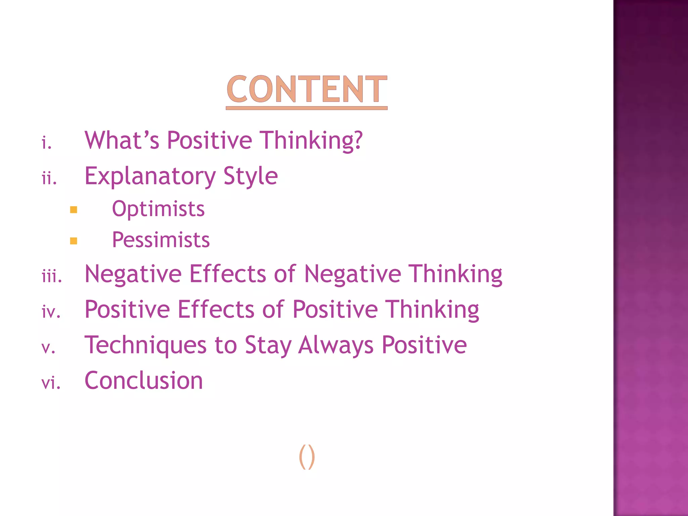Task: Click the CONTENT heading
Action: click(x=306, y=89)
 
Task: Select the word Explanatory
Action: click(x=150, y=176)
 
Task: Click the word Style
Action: click(x=251, y=176)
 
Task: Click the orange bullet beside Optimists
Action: click(x=74, y=210)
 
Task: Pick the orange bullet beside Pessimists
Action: click(x=74, y=241)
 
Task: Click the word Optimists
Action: click(x=158, y=209)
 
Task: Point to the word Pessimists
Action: click(x=161, y=240)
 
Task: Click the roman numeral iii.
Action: click(x=52, y=277)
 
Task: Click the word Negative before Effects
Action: click(x=133, y=274)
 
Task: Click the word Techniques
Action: click(x=145, y=345)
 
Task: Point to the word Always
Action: click(x=336, y=345)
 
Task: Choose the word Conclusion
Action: click(x=144, y=381)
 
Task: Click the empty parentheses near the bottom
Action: click(x=307, y=457)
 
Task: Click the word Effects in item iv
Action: click(x=216, y=309)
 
